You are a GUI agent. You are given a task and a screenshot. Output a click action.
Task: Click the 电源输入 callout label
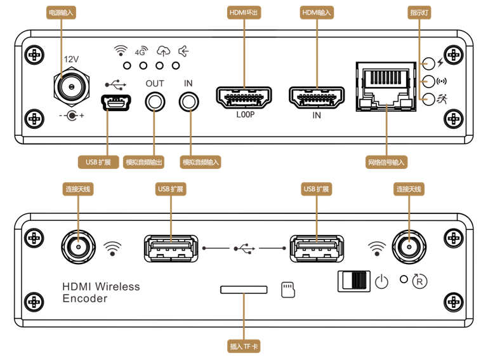(61, 12)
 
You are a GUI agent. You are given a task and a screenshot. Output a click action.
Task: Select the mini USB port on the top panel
(114, 102)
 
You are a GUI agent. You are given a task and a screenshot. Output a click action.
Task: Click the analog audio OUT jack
(154, 102)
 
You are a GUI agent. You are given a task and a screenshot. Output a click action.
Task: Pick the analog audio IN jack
(188, 102)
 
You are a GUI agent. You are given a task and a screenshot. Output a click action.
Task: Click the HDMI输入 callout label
(317, 12)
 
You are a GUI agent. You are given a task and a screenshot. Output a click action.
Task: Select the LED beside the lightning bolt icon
(428, 63)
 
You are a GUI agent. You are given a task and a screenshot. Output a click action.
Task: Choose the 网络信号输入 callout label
(386, 162)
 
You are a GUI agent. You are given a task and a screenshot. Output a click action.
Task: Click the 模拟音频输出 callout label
(143, 162)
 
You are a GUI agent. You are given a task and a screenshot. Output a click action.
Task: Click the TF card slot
(244, 290)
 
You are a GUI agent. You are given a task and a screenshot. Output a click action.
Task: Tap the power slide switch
(354, 281)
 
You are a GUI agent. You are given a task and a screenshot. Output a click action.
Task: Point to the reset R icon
(420, 281)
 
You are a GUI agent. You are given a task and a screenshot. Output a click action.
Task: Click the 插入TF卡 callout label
(244, 347)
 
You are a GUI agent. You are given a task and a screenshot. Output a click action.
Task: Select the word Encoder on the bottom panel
(85, 298)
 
